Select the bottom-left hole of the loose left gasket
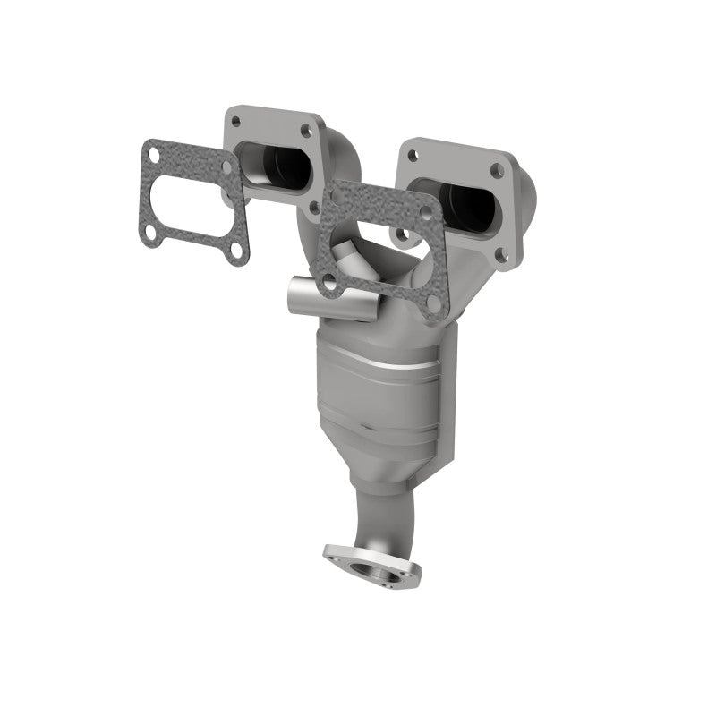tap(152, 234)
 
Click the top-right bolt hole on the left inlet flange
tap(307, 131)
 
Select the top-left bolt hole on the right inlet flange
tap(413, 156)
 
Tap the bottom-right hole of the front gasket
tap(433, 303)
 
